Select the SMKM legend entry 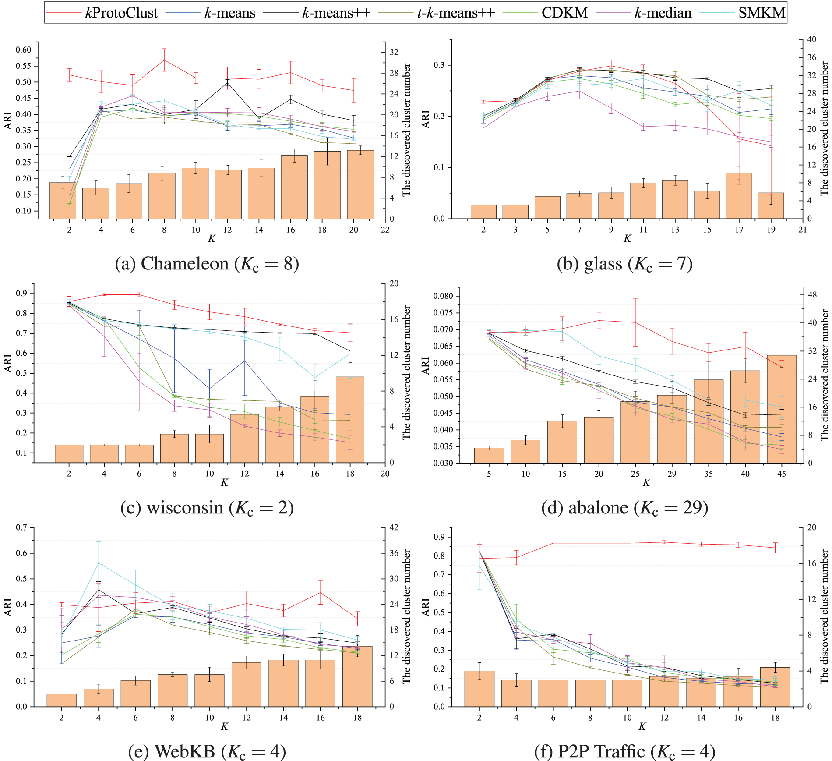click(x=761, y=13)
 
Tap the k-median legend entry click(x=663, y=13)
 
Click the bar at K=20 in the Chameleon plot click(x=360, y=184)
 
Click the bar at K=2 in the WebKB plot click(x=61, y=700)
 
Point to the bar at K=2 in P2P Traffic click(x=479, y=689)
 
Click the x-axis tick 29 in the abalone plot click(x=672, y=474)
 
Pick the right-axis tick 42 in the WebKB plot click(x=395, y=527)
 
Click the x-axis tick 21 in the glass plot click(x=803, y=230)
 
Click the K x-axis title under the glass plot click(x=627, y=239)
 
